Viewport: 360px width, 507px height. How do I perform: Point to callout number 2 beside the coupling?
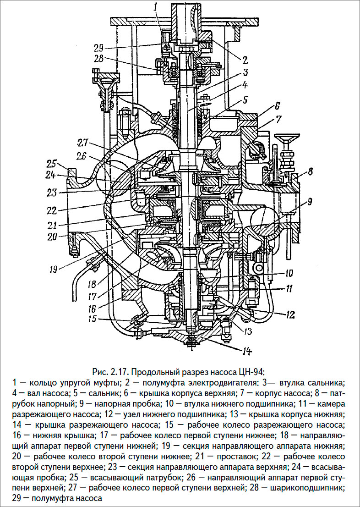[245, 60]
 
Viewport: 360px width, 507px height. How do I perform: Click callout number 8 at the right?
[310, 173]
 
